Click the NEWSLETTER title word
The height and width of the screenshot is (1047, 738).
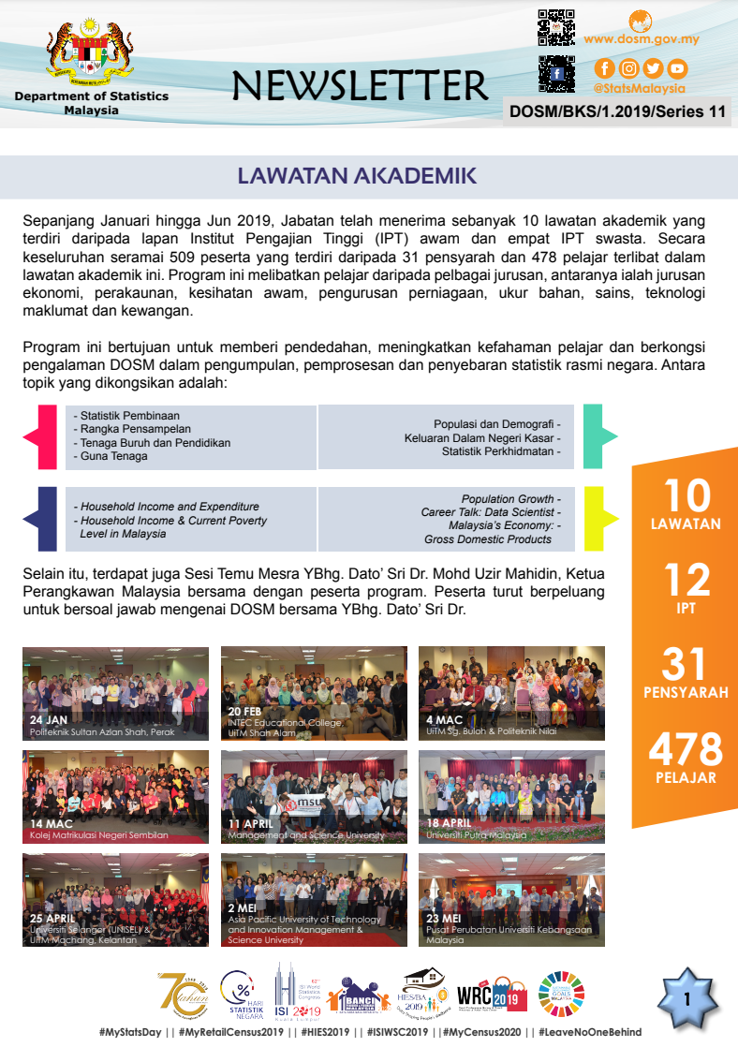tap(361, 85)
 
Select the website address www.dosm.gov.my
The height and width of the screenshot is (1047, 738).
tap(642, 39)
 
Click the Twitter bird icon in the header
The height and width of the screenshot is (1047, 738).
tap(653, 68)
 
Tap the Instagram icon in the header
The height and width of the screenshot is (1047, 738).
tap(629, 68)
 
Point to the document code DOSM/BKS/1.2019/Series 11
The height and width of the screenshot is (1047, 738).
tap(617, 111)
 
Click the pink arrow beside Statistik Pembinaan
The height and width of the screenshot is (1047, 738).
tap(38, 436)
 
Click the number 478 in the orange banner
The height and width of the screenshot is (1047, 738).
tap(686, 749)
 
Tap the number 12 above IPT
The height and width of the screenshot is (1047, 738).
tap(686, 581)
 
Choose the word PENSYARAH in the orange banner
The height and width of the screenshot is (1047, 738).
tap(686, 693)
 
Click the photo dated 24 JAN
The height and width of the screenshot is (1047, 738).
tap(116, 693)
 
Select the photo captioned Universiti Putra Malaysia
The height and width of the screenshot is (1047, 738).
tap(511, 796)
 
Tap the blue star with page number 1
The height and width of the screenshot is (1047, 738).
tap(686, 1000)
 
